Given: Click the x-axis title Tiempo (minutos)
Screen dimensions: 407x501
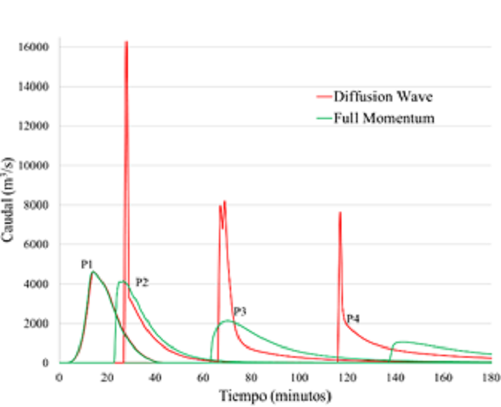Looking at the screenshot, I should tap(276, 395).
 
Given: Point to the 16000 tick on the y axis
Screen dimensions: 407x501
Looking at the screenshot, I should tap(34, 47).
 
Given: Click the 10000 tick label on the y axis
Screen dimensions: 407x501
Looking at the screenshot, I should tap(34, 165).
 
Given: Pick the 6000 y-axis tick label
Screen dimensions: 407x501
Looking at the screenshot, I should tap(36, 245).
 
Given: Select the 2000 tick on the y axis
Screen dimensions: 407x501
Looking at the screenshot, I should tap(36, 324).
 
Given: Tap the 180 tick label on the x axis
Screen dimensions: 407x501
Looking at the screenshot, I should tap(491, 377).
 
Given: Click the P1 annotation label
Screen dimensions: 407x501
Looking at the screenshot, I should tap(87, 265).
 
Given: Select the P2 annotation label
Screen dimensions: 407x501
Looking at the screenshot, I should tap(142, 282).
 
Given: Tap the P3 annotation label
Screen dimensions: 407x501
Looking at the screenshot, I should tap(240, 311).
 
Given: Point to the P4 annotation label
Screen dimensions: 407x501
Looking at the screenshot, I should tap(352, 318).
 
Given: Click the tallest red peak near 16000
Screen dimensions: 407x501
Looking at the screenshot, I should tap(126, 42).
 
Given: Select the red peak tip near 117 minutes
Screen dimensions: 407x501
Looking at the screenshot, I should tap(340, 213).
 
